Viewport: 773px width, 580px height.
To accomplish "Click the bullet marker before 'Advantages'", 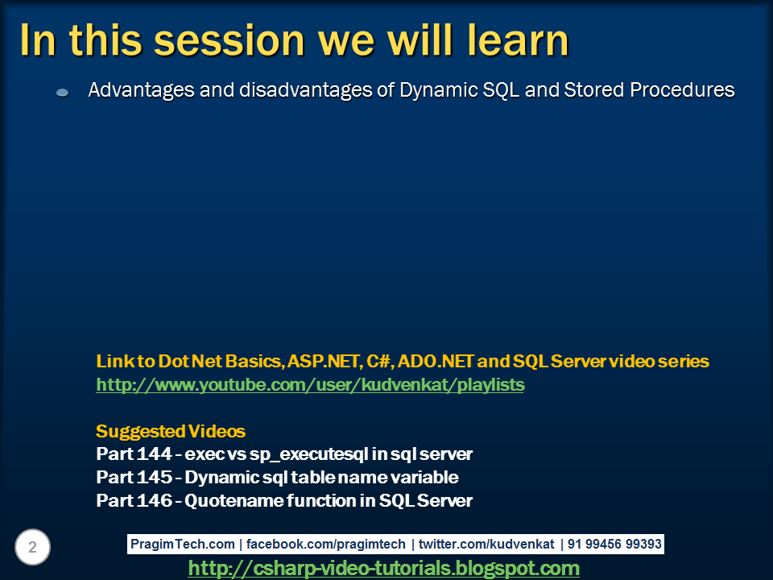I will click(63, 93).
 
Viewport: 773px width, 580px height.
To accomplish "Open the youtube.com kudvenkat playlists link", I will click(310, 385).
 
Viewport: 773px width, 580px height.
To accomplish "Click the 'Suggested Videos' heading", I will click(171, 431).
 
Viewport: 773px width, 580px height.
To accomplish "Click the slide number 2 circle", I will click(32, 548).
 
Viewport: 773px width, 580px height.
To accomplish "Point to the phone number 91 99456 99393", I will click(614, 545).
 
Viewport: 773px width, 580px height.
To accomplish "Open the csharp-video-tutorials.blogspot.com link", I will click(383, 569).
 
